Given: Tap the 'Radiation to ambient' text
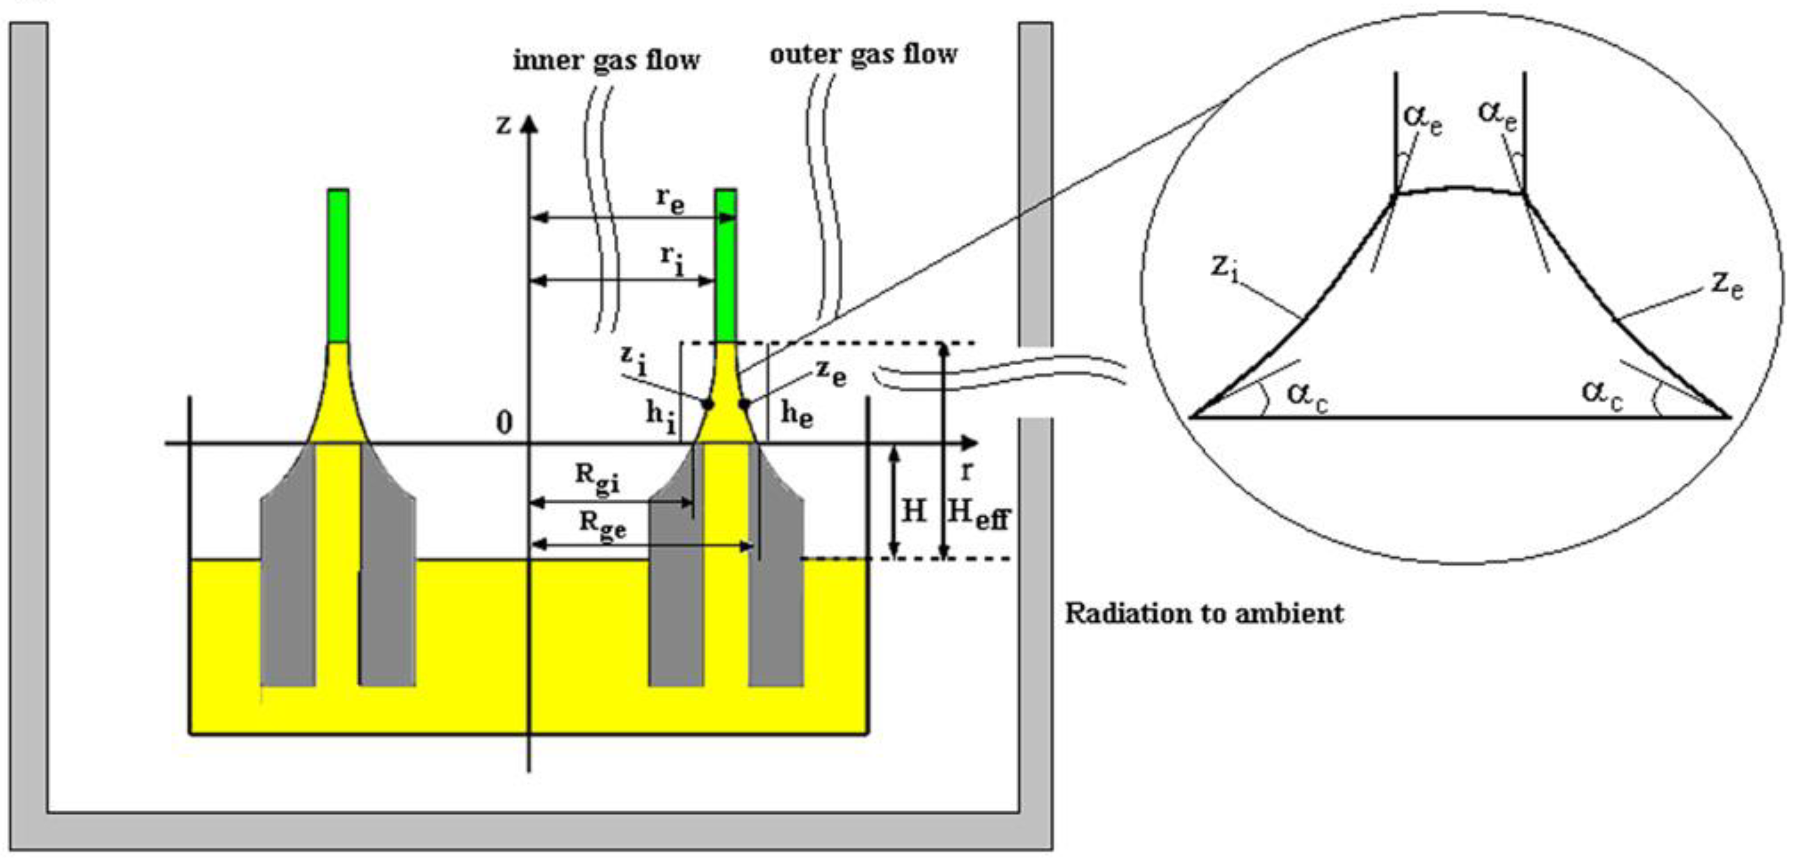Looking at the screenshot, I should tap(1204, 613).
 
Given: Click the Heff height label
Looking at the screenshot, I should tap(978, 515).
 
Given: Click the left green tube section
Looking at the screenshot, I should tap(338, 265).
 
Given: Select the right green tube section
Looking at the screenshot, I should tap(725, 265).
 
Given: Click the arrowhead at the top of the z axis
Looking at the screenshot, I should tap(529, 124).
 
